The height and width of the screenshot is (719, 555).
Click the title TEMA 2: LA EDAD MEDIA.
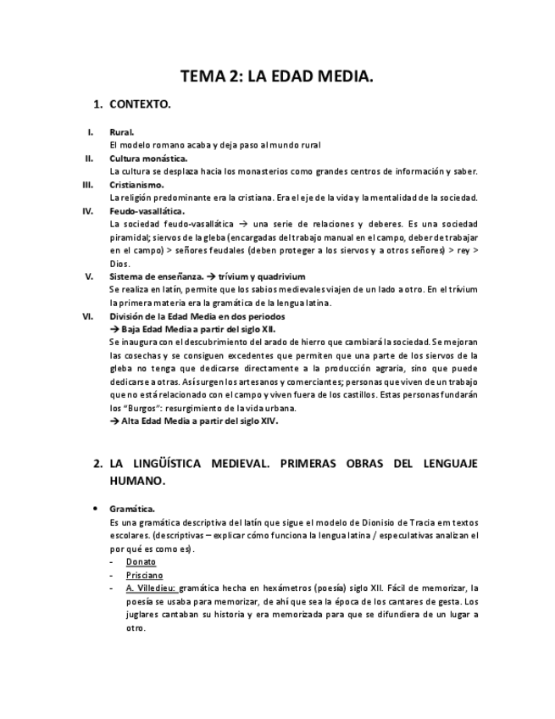point(277,77)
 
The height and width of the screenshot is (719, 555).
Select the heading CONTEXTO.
point(140,104)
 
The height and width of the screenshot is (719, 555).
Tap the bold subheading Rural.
point(122,132)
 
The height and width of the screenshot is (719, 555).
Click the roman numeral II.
point(88,159)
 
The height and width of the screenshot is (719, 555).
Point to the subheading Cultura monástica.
point(148,159)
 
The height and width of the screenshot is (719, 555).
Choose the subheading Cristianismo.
point(136,185)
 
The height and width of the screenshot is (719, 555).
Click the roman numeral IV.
point(87,211)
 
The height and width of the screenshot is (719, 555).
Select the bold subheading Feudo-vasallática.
point(147,211)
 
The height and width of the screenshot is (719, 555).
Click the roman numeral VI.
point(86,316)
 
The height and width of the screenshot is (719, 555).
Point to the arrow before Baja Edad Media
point(115,329)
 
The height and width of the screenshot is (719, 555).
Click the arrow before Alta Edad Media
point(115,421)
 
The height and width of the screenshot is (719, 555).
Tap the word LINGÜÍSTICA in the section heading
point(175,465)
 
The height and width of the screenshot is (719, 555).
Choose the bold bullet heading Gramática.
point(132,510)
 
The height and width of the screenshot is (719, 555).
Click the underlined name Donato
point(141,562)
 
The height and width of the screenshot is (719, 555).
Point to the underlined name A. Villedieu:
point(151,588)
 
